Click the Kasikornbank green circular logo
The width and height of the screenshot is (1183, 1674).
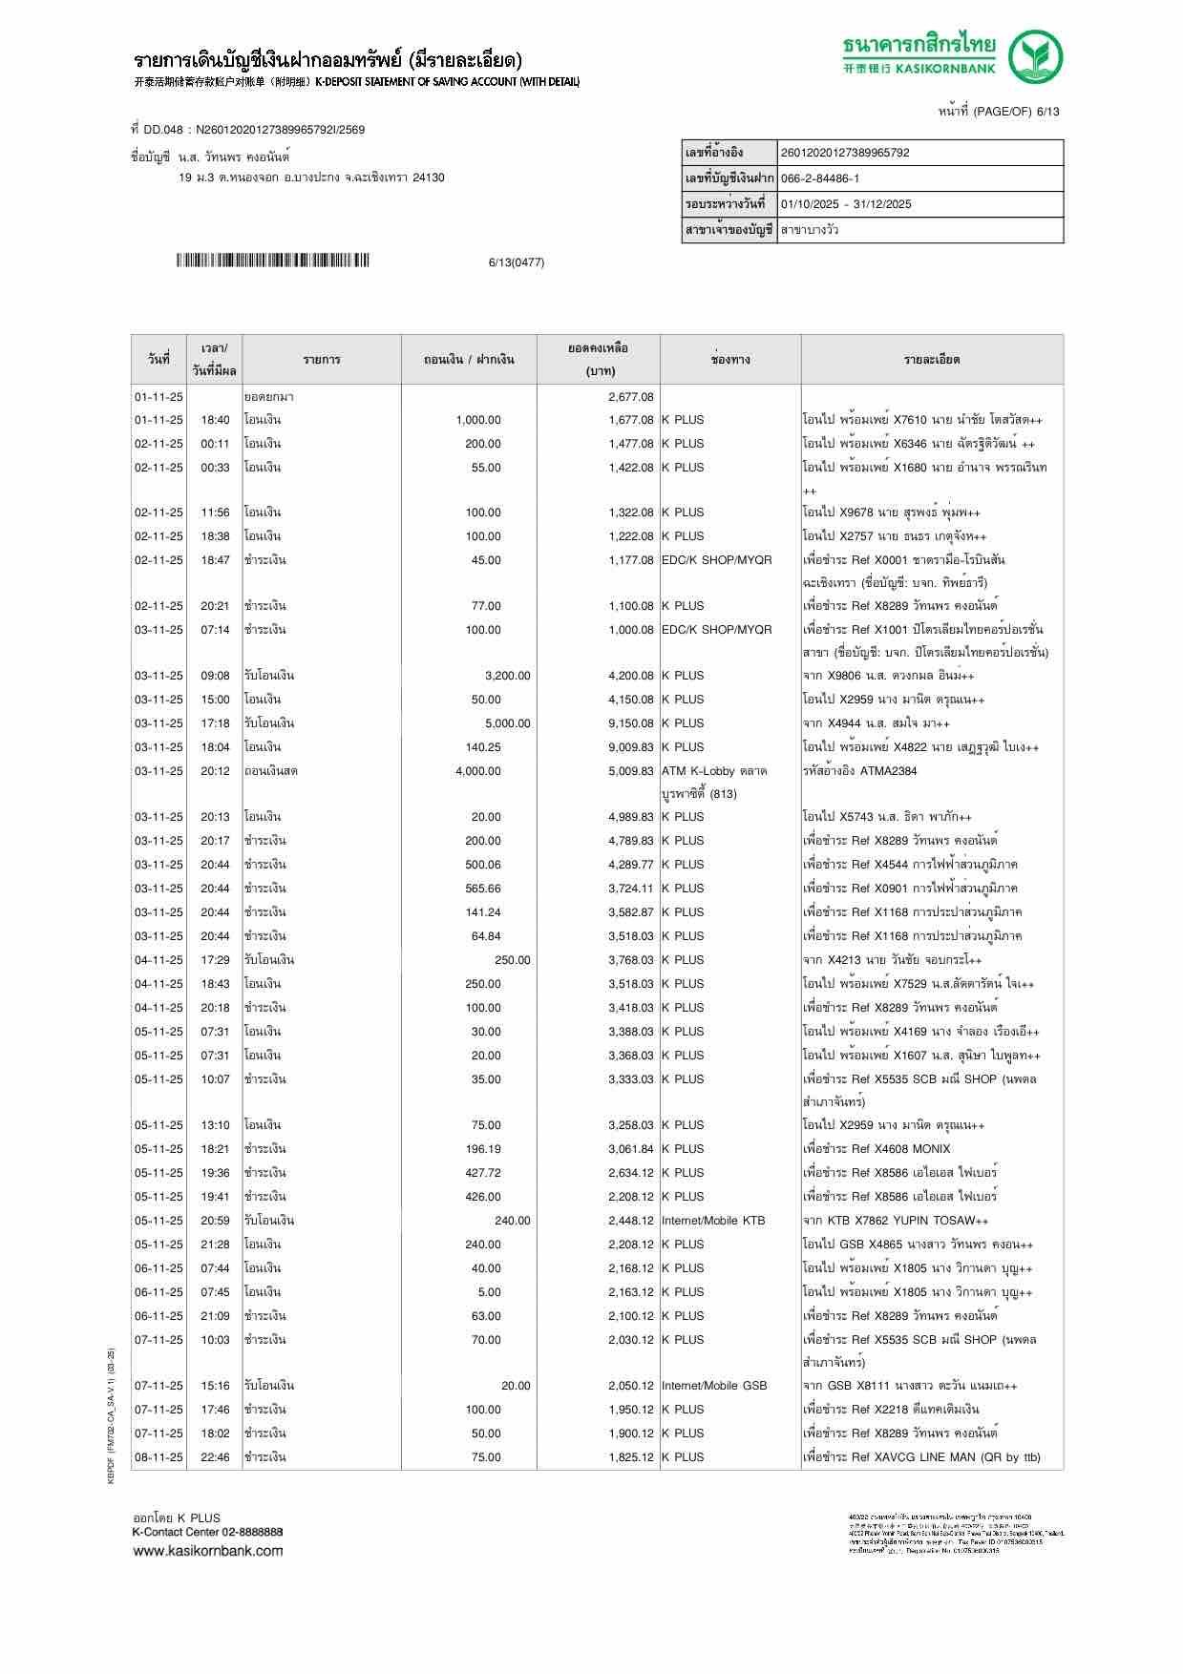pos(1037,56)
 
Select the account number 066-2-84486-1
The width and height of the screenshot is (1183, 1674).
pos(820,178)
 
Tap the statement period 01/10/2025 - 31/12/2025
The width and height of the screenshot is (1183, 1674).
pos(846,204)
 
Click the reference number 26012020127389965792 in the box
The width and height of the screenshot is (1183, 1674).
pos(845,153)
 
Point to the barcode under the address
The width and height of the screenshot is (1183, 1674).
pos(272,261)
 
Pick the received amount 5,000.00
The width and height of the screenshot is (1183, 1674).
pos(507,723)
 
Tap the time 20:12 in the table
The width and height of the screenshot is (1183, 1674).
pos(215,771)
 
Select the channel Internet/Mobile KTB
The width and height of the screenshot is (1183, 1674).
pos(713,1221)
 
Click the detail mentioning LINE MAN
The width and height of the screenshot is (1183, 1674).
pos(922,1457)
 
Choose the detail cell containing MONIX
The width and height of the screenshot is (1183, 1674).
pos(877,1149)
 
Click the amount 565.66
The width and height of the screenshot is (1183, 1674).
pos(483,889)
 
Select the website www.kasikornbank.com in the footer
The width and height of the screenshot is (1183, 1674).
pos(208,1550)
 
